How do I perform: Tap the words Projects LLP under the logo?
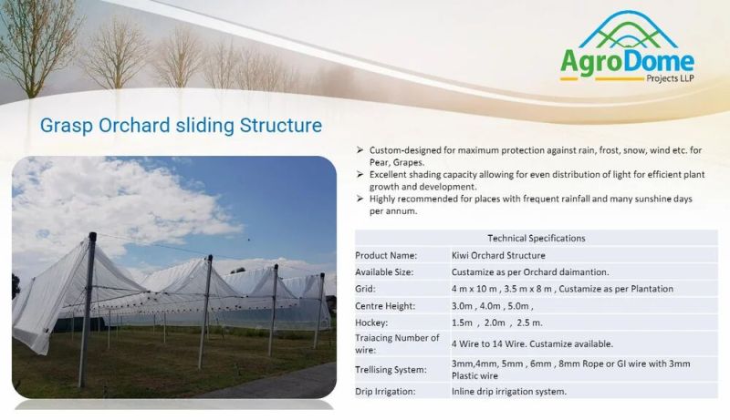(670, 78)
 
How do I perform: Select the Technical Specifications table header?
(537, 239)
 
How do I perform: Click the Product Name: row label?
(386, 255)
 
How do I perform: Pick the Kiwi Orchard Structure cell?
(498, 255)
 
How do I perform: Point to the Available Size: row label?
(384, 272)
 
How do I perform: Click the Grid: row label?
(366, 289)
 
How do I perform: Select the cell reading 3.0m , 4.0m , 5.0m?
(492, 306)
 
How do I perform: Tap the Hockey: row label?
(371, 323)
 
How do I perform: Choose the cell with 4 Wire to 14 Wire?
(532, 344)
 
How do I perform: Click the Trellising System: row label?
(391, 370)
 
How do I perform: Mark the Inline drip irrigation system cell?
(509, 392)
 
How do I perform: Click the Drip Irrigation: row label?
(385, 392)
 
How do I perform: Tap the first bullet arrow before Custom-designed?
(360, 150)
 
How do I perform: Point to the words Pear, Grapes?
(397, 162)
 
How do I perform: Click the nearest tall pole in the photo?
(87, 310)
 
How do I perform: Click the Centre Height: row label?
(384, 306)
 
